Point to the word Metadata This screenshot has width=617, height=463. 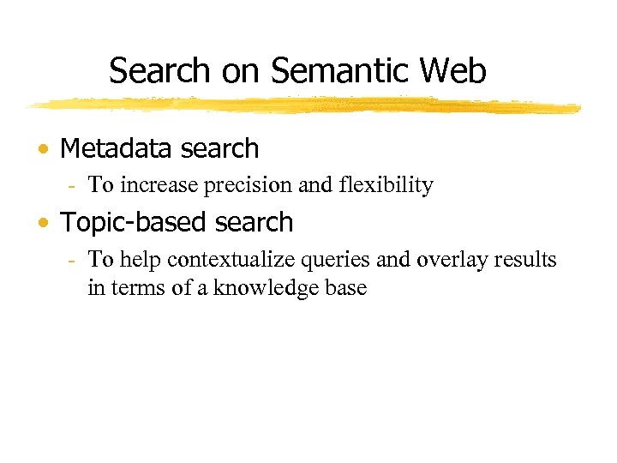coord(111,148)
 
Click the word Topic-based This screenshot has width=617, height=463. coord(135,223)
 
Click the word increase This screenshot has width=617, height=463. coord(159,185)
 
